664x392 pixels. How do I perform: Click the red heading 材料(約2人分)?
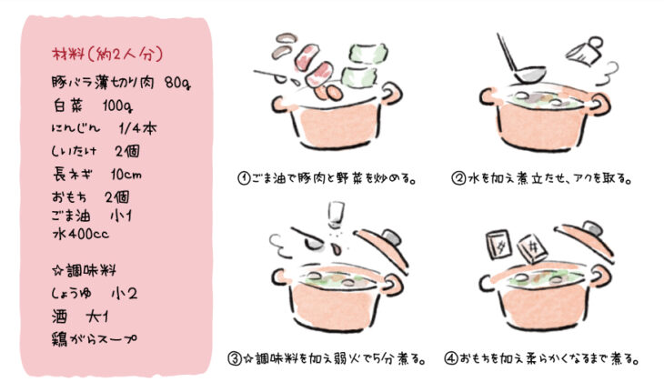107,55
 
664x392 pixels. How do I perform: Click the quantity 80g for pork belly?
178,84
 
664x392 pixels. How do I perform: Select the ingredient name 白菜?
67,106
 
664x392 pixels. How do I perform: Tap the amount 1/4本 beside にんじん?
137,128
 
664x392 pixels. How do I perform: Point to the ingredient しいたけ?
74,151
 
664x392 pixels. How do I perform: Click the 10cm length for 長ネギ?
126,174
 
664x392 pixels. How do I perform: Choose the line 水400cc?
80,234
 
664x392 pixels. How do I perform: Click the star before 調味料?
57,270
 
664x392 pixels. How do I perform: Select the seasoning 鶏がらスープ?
94,338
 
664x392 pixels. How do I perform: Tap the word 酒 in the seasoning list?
60,317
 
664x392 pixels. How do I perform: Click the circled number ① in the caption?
244,178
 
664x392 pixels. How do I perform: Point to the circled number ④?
451,359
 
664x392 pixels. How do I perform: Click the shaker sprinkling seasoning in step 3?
337,215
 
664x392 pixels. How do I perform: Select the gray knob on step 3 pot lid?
391,237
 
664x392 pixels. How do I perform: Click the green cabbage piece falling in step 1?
368,54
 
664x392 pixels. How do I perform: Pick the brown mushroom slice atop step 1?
287,38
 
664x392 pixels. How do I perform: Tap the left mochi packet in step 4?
498,245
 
